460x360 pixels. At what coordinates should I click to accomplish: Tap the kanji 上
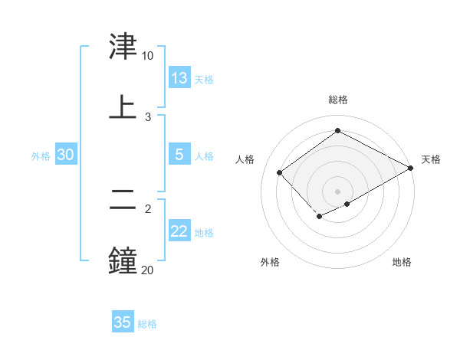click(123, 106)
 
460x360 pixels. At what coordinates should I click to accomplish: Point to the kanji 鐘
click(123, 260)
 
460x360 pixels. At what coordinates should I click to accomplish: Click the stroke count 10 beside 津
click(147, 56)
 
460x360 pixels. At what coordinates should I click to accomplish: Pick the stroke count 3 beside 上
click(148, 116)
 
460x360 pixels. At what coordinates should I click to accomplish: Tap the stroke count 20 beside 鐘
click(147, 270)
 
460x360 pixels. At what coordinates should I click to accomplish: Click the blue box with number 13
click(179, 78)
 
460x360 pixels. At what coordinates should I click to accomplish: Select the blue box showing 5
click(179, 155)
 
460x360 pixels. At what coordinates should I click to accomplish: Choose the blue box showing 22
click(179, 231)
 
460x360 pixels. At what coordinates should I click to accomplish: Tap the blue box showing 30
click(65, 155)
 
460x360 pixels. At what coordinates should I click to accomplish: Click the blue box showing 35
click(123, 322)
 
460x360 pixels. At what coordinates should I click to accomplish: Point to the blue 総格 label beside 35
click(147, 324)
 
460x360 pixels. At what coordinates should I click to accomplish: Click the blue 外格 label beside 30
click(41, 156)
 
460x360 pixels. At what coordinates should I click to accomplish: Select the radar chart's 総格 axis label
click(338, 100)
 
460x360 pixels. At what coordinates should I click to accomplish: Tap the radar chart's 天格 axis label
click(431, 159)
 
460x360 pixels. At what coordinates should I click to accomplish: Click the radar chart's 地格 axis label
click(402, 262)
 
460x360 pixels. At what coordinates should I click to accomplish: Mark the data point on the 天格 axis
click(411, 169)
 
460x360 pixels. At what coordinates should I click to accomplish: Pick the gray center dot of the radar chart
click(338, 191)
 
